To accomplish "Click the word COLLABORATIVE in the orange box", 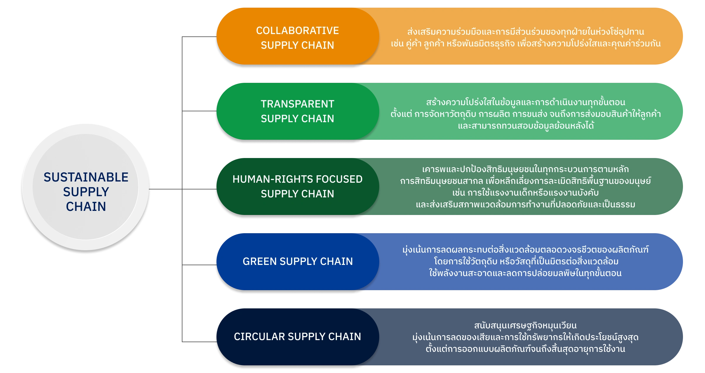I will click(x=297, y=31).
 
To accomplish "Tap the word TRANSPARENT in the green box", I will click(x=297, y=104).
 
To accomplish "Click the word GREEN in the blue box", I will click(x=260, y=261).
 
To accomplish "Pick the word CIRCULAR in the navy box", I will click(x=259, y=337).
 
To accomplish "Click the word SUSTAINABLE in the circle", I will click(x=86, y=177).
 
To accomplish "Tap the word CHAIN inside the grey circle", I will click(x=86, y=206).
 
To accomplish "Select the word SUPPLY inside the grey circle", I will click(x=86, y=192).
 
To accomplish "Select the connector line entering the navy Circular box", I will click(x=198, y=342).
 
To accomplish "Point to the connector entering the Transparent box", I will click(x=198, y=112).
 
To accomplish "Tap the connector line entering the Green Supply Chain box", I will click(x=198, y=264).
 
